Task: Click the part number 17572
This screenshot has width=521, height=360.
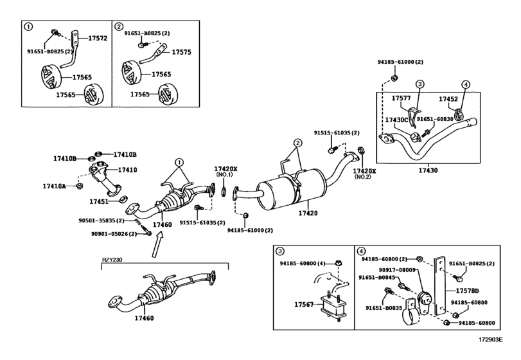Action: coord(98,38)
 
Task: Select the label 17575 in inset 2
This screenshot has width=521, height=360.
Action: coord(181,52)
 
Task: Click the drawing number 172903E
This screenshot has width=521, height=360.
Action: coord(490,339)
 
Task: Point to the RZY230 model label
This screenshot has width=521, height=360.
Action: coord(112,260)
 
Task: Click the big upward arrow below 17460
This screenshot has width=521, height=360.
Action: coord(157,244)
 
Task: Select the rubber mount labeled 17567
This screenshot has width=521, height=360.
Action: coord(332,305)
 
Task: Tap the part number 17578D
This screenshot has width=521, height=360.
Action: coord(467,291)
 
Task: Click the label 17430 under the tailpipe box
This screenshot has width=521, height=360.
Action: coord(428,170)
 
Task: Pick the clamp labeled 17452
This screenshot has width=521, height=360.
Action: coord(459,113)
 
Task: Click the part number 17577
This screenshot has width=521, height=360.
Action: coord(401,98)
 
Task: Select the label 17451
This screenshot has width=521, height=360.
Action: coord(99,201)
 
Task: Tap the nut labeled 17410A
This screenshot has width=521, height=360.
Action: coord(80,186)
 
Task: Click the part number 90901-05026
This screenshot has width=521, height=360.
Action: coord(110,234)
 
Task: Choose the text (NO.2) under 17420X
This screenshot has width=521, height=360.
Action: coord(363,177)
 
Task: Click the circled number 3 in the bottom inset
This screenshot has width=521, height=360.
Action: coord(280,251)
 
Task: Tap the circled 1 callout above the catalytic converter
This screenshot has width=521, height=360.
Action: coord(179,162)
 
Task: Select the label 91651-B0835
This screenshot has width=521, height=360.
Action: coord(384,308)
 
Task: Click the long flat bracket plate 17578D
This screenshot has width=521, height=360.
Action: coord(439,286)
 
